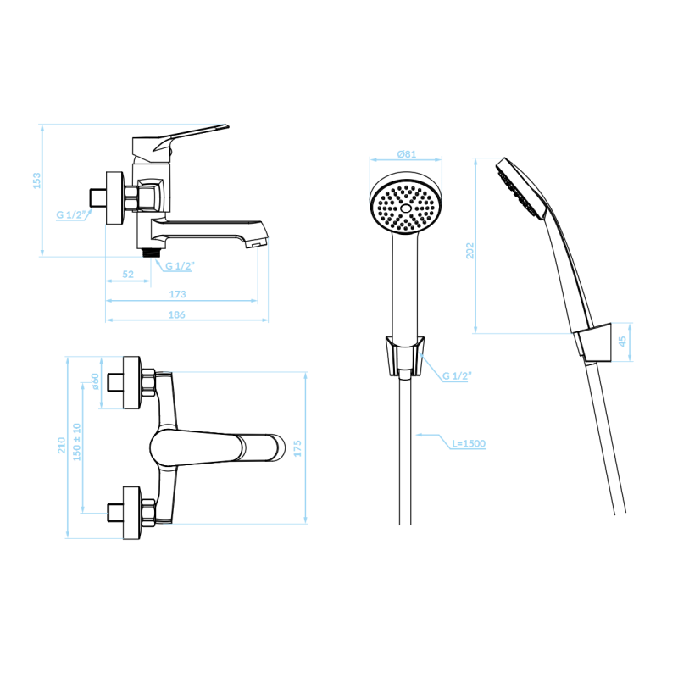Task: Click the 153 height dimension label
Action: (36, 181)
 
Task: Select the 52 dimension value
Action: (128, 274)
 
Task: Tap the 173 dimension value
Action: (177, 294)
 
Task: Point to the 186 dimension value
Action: (177, 314)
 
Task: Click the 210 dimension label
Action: (61, 446)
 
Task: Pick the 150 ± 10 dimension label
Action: (77, 442)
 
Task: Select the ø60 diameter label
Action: (95, 381)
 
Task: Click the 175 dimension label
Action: (297, 449)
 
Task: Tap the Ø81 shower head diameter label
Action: (407, 154)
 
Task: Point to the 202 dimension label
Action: (470, 251)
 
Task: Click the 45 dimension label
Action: (622, 342)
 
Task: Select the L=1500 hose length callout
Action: (469, 443)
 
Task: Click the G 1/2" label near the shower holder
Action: (457, 376)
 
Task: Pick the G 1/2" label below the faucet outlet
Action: (180, 266)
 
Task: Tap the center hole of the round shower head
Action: (406, 208)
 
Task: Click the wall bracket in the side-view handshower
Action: (593, 342)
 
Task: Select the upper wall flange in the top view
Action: (131, 383)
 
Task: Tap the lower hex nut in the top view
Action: (148, 513)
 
